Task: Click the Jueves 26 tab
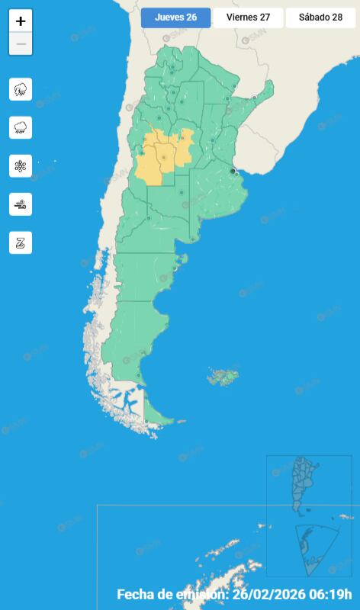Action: coord(175,18)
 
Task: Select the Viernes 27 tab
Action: coord(248,18)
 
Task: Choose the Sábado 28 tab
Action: coord(320,18)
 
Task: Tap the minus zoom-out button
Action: coord(21,44)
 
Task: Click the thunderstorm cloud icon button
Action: coord(21,89)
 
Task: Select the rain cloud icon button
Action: coord(21,127)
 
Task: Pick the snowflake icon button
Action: coord(21,165)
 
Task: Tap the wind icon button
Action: coord(21,204)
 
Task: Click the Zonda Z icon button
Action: coord(21,242)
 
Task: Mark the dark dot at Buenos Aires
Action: coord(233,172)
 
